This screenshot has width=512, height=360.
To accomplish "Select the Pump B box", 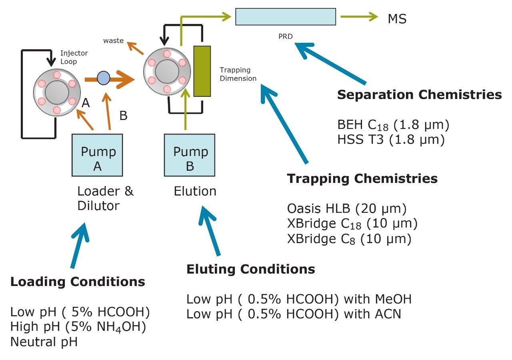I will [190, 155].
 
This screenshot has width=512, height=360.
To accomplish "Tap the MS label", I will [397, 18].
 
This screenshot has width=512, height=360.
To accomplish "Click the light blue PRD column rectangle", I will [285, 16].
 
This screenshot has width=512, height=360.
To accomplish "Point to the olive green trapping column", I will [202, 71].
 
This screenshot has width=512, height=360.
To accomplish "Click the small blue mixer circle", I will [104, 77].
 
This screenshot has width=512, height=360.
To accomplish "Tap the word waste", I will [113, 40].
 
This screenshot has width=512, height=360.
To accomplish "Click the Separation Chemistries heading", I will [419, 95].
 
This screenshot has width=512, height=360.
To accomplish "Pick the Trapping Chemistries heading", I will [362, 178].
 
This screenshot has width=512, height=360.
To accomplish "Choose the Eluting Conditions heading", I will [250, 269].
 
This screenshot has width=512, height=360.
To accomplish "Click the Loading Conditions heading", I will [78, 282].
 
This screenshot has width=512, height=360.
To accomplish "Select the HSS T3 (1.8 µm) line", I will [391, 140].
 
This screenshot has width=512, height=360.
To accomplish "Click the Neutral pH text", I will [44, 342].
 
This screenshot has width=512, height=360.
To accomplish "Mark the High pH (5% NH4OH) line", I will [78, 327].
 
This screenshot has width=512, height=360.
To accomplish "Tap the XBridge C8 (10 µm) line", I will [349, 239].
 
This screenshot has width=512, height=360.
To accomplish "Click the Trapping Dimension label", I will [238, 74].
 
